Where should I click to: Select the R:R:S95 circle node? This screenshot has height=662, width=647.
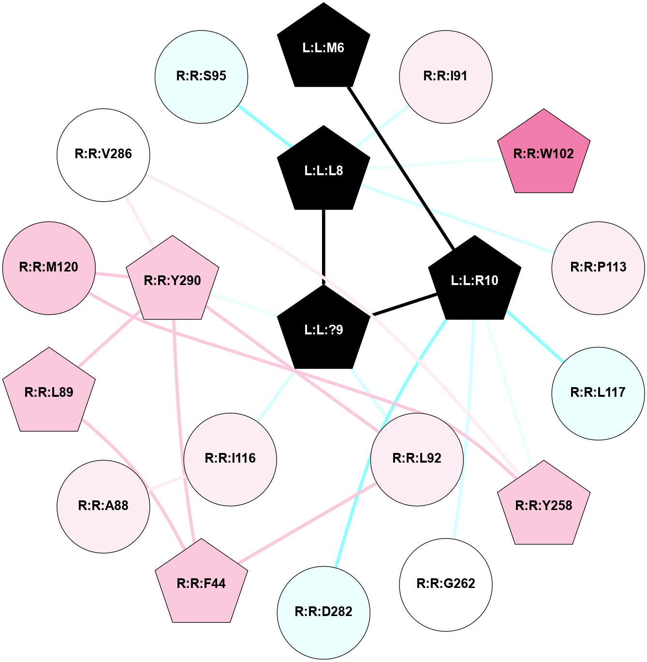201,76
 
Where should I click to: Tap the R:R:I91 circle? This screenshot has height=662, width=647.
445,76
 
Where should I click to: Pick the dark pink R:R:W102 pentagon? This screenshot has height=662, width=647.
544,154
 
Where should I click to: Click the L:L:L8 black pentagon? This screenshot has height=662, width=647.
323,170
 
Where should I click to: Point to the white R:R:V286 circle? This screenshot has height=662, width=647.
103,154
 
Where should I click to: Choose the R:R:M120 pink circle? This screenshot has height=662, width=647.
49,268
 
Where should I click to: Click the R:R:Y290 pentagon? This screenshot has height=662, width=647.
173,281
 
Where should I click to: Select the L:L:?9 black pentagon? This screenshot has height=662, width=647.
323,330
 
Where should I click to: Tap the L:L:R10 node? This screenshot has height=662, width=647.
474,281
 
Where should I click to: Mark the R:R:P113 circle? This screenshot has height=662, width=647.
598,268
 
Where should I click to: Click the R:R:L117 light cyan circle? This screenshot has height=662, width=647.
598,393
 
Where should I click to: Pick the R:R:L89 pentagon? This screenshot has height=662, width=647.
49,392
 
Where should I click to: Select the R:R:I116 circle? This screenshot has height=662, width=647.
230,459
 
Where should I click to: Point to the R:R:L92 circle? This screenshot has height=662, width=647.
417,459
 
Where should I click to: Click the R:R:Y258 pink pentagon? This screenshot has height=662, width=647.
544,506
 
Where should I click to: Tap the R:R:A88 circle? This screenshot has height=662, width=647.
103,506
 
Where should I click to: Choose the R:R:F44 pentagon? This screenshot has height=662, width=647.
201,584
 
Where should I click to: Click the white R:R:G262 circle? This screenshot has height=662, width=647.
445,584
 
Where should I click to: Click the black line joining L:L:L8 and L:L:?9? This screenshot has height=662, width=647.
323,247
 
